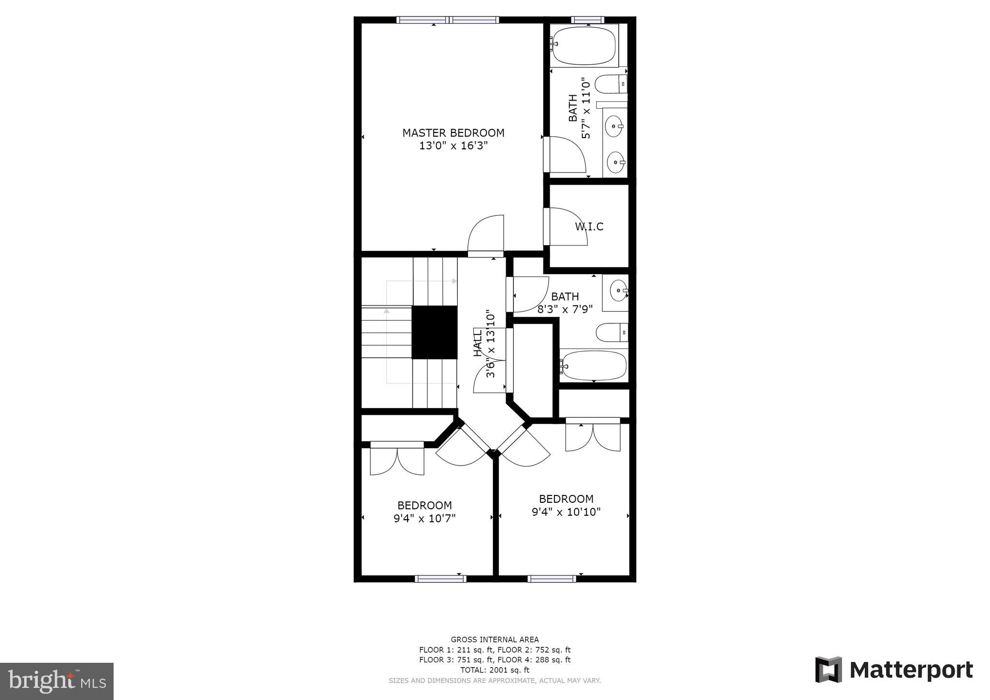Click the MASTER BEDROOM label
(x=453, y=132)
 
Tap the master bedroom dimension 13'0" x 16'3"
(x=453, y=146)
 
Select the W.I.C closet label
(x=589, y=227)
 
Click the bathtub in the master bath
(x=584, y=45)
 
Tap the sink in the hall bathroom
(x=618, y=291)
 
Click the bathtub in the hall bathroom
(x=594, y=365)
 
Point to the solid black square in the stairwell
(x=434, y=332)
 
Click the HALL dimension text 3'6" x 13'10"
(x=491, y=344)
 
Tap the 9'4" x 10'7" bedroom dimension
(x=424, y=519)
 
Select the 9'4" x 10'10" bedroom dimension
(x=566, y=512)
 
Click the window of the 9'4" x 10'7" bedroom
(x=440, y=578)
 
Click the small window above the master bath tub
(x=587, y=20)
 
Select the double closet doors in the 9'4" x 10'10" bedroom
(x=593, y=436)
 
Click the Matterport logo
(x=894, y=670)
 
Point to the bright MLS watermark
(x=57, y=681)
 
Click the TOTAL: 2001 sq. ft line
(x=495, y=670)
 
